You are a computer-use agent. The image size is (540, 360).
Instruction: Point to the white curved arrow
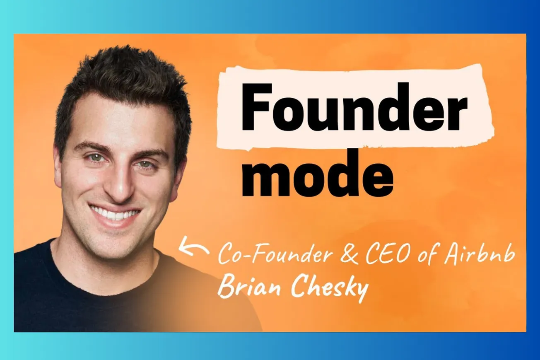click(193, 246)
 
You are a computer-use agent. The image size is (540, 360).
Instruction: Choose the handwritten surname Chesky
click(330, 288)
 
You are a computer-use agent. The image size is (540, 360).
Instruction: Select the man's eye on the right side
click(145, 164)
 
